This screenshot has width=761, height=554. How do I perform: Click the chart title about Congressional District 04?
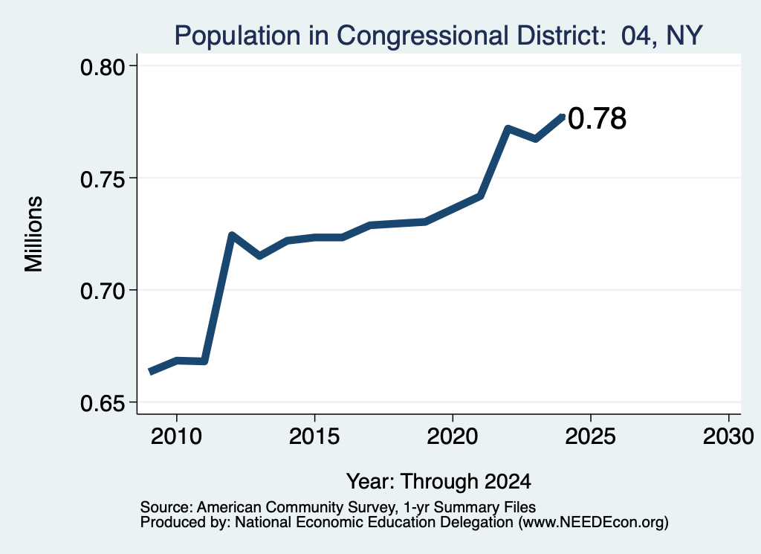(x=438, y=36)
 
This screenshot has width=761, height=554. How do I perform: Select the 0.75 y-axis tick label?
(x=102, y=179)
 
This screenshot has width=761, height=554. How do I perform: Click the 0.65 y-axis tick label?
(x=102, y=404)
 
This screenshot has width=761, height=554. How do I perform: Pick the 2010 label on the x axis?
(x=176, y=437)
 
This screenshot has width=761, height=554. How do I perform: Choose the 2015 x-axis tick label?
(x=314, y=437)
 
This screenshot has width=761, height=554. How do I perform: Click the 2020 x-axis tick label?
(x=453, y=437)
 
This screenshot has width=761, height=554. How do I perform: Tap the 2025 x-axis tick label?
(x=591, y=437)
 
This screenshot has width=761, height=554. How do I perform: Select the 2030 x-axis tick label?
(x=728, y=437)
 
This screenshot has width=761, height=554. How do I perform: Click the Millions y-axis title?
(x=33, y=234)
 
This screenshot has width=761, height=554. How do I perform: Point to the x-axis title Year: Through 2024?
(x=438, y=482)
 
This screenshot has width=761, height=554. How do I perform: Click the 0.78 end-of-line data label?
(x=597, y=118)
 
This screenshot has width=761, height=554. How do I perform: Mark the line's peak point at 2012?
(x=232, y=236)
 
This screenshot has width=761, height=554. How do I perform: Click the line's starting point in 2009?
(x=150, y=372)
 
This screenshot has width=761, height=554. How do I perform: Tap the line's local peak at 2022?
(x=508, y=129)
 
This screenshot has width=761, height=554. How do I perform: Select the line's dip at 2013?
(x=259, y=256)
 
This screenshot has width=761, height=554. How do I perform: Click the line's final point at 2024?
(x=563, y=115)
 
